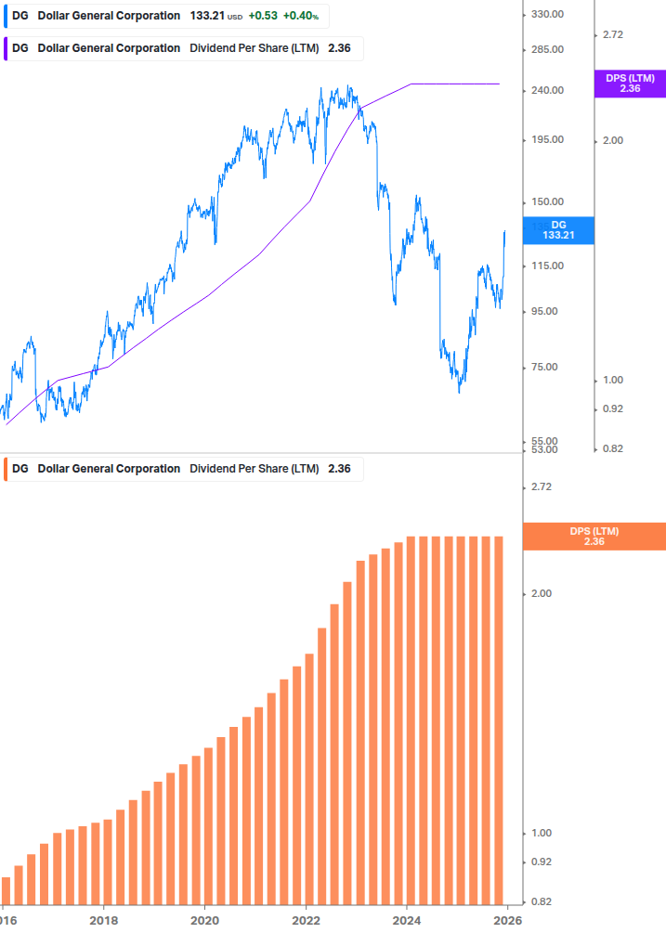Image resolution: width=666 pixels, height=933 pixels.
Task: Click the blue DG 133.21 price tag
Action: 557,230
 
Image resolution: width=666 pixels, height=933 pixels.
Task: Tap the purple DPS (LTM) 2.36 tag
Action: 630,84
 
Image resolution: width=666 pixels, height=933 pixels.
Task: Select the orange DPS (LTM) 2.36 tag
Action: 594,536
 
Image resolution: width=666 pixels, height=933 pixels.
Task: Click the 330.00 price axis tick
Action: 547,14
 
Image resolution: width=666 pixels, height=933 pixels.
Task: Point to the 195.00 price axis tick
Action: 547,139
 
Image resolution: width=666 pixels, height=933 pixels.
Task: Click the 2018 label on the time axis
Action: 103,920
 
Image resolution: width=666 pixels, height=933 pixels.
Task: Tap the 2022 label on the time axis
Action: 306,920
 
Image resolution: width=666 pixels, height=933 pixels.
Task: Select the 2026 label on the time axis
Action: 507,920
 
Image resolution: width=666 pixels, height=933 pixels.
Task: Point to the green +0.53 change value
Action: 263,16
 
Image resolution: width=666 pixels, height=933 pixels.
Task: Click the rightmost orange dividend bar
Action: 497,719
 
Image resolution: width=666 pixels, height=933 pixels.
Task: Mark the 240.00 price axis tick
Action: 547,90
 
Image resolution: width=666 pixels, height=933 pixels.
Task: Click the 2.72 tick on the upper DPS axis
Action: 612,34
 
